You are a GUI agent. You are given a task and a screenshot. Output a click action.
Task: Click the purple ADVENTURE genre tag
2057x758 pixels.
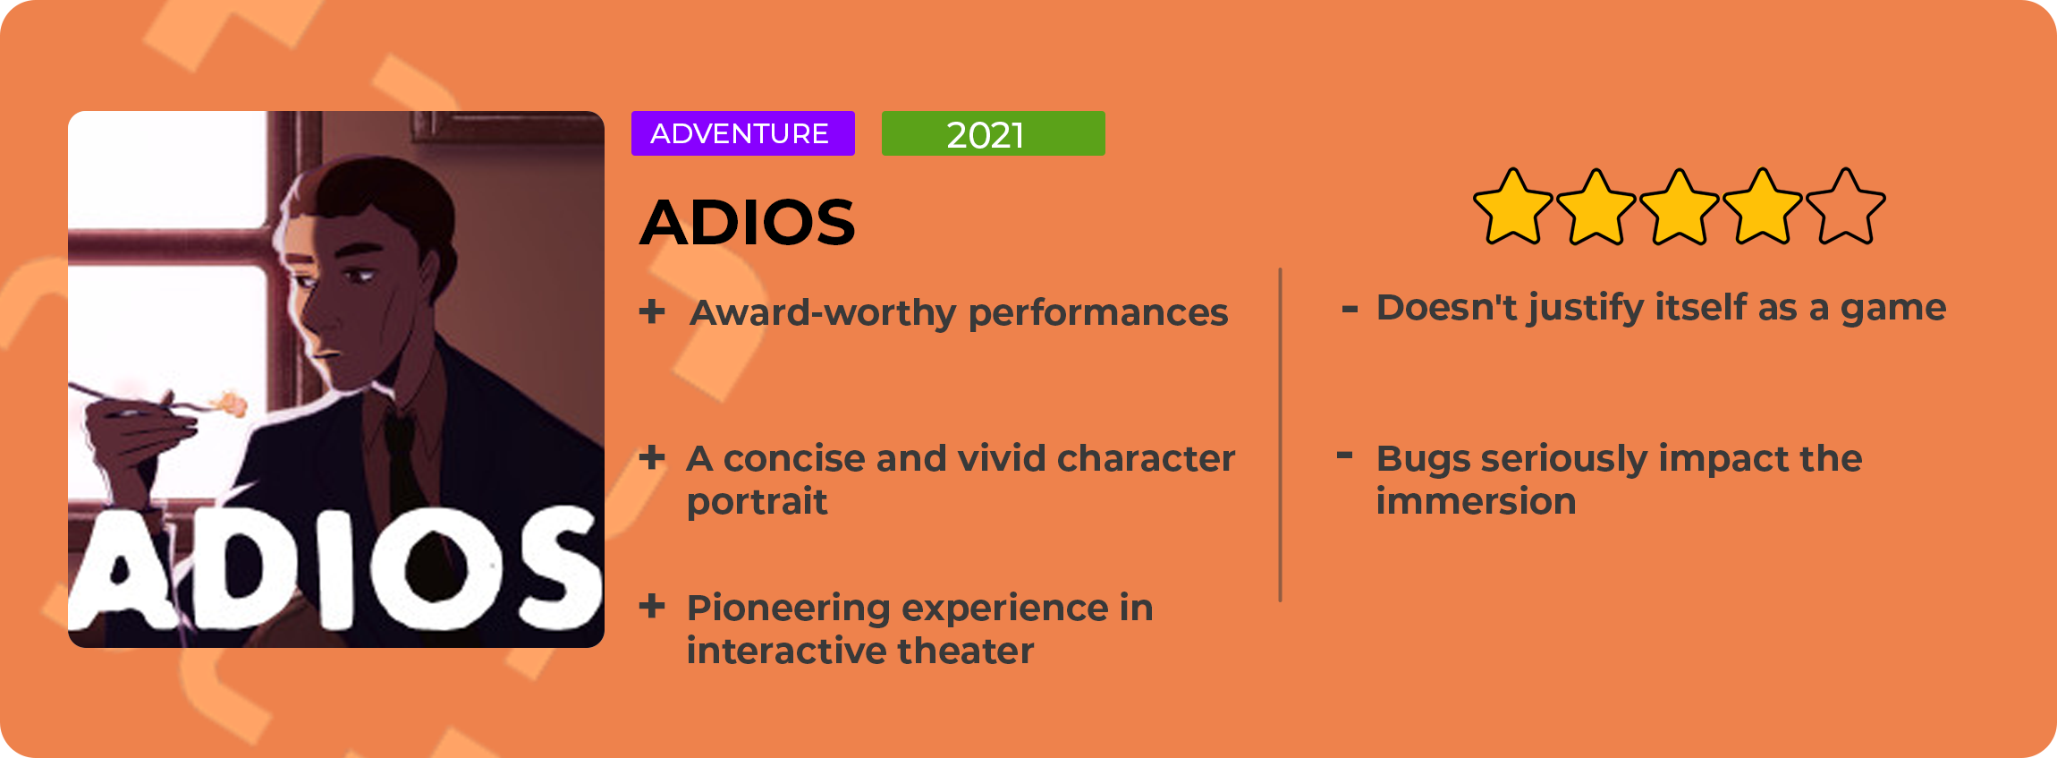point(742,133)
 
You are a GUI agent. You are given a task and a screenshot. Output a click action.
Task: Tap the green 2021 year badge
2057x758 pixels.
point(993,133)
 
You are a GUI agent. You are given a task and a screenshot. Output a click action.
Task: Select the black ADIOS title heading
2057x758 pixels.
point(748,222)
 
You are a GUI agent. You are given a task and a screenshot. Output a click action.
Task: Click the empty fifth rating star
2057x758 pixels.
point(1845,207)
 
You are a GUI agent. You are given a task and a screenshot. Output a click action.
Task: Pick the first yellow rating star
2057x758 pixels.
point(1513,207)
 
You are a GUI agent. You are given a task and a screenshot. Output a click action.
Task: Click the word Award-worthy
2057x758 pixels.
point(823,313)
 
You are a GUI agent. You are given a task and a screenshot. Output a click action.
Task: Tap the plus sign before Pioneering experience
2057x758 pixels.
point(652,606)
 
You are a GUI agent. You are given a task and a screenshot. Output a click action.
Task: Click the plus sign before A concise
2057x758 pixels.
point(652,457)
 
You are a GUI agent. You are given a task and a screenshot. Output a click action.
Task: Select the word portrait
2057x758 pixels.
point(757,502)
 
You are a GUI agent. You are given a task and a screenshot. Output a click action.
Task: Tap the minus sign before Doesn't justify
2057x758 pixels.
point(1350,310)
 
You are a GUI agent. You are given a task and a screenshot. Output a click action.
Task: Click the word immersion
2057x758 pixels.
point(1476,501)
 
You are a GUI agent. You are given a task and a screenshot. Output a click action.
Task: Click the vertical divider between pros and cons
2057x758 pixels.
point(1281,435)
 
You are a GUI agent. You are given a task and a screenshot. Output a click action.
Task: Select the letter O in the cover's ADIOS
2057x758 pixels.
point(436,571)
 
